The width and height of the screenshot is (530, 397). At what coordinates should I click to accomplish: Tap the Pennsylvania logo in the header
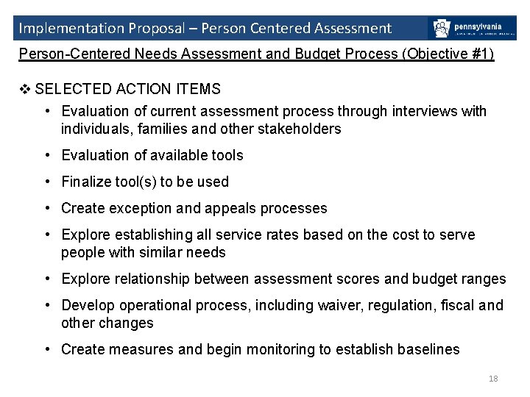(472, 29)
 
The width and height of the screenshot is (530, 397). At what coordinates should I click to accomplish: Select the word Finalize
(88, 182)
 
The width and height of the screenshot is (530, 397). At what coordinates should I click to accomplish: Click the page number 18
(493, 379)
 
